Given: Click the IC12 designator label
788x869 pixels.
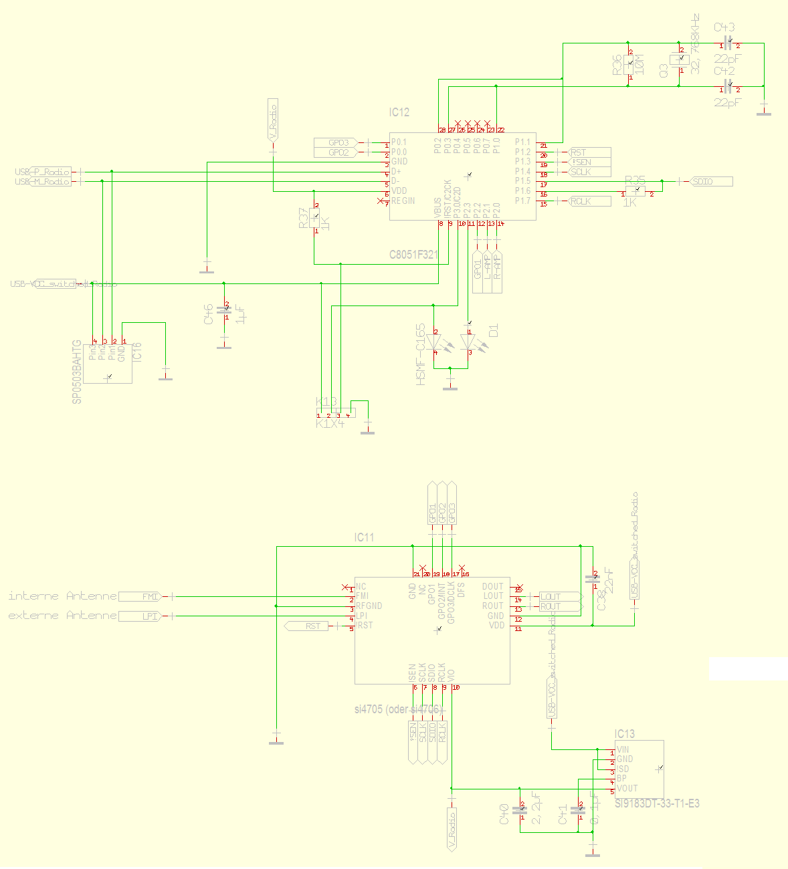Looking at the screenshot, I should tap(399, 112).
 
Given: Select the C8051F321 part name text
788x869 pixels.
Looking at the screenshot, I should tap(414, 255).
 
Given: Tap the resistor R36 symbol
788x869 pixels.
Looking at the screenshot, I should tap(629, 65).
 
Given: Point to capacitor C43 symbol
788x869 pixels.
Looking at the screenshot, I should tap(728, 45).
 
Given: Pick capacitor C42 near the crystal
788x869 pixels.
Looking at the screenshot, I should tap(728, 88).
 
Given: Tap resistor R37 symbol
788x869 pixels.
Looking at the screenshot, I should tap(315, 219).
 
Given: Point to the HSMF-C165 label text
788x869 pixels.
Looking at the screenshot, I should tap(420, 354).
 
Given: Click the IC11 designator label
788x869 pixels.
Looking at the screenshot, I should tap(365, 537).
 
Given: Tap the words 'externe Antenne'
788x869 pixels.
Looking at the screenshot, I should tap(62, 615).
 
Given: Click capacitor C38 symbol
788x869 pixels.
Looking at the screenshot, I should tap(592, 580).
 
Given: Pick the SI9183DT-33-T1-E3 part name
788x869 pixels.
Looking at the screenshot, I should tap(657, 803).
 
